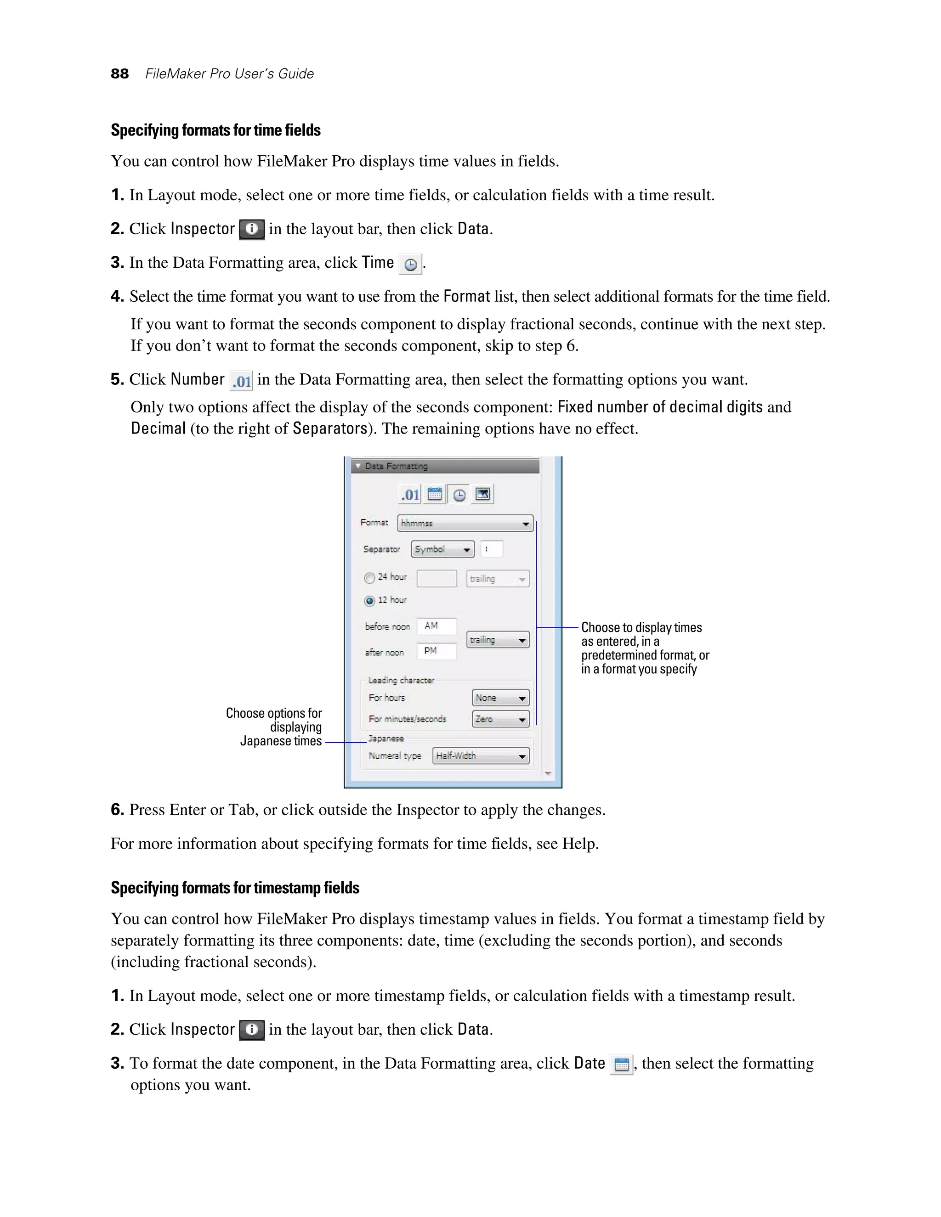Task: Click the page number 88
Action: [x=119, y=73]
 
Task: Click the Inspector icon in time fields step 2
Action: [x=251, y=229]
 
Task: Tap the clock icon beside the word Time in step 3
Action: [x=410, y=264]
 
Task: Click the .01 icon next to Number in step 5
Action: [x=241, y=381]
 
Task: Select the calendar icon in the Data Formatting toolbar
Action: [x=434, y=494]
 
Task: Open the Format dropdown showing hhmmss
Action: [x=465, y=523]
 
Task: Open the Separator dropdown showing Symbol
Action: [x=442, y=549]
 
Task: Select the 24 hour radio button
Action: [x=369, y=578]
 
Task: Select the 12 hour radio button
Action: [x=369, y=601]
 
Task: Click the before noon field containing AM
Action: [x=436, y=626]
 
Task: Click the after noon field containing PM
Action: [x=436, y=651]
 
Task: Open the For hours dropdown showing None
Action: [x=500, y=698]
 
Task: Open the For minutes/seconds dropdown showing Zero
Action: [x=500, y=719]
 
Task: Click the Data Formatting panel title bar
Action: [x=445, y=466]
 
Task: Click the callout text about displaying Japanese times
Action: [x=275, y=727]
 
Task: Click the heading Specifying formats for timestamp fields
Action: [x=235, y=888]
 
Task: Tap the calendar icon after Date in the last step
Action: [x=621, y=1065]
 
